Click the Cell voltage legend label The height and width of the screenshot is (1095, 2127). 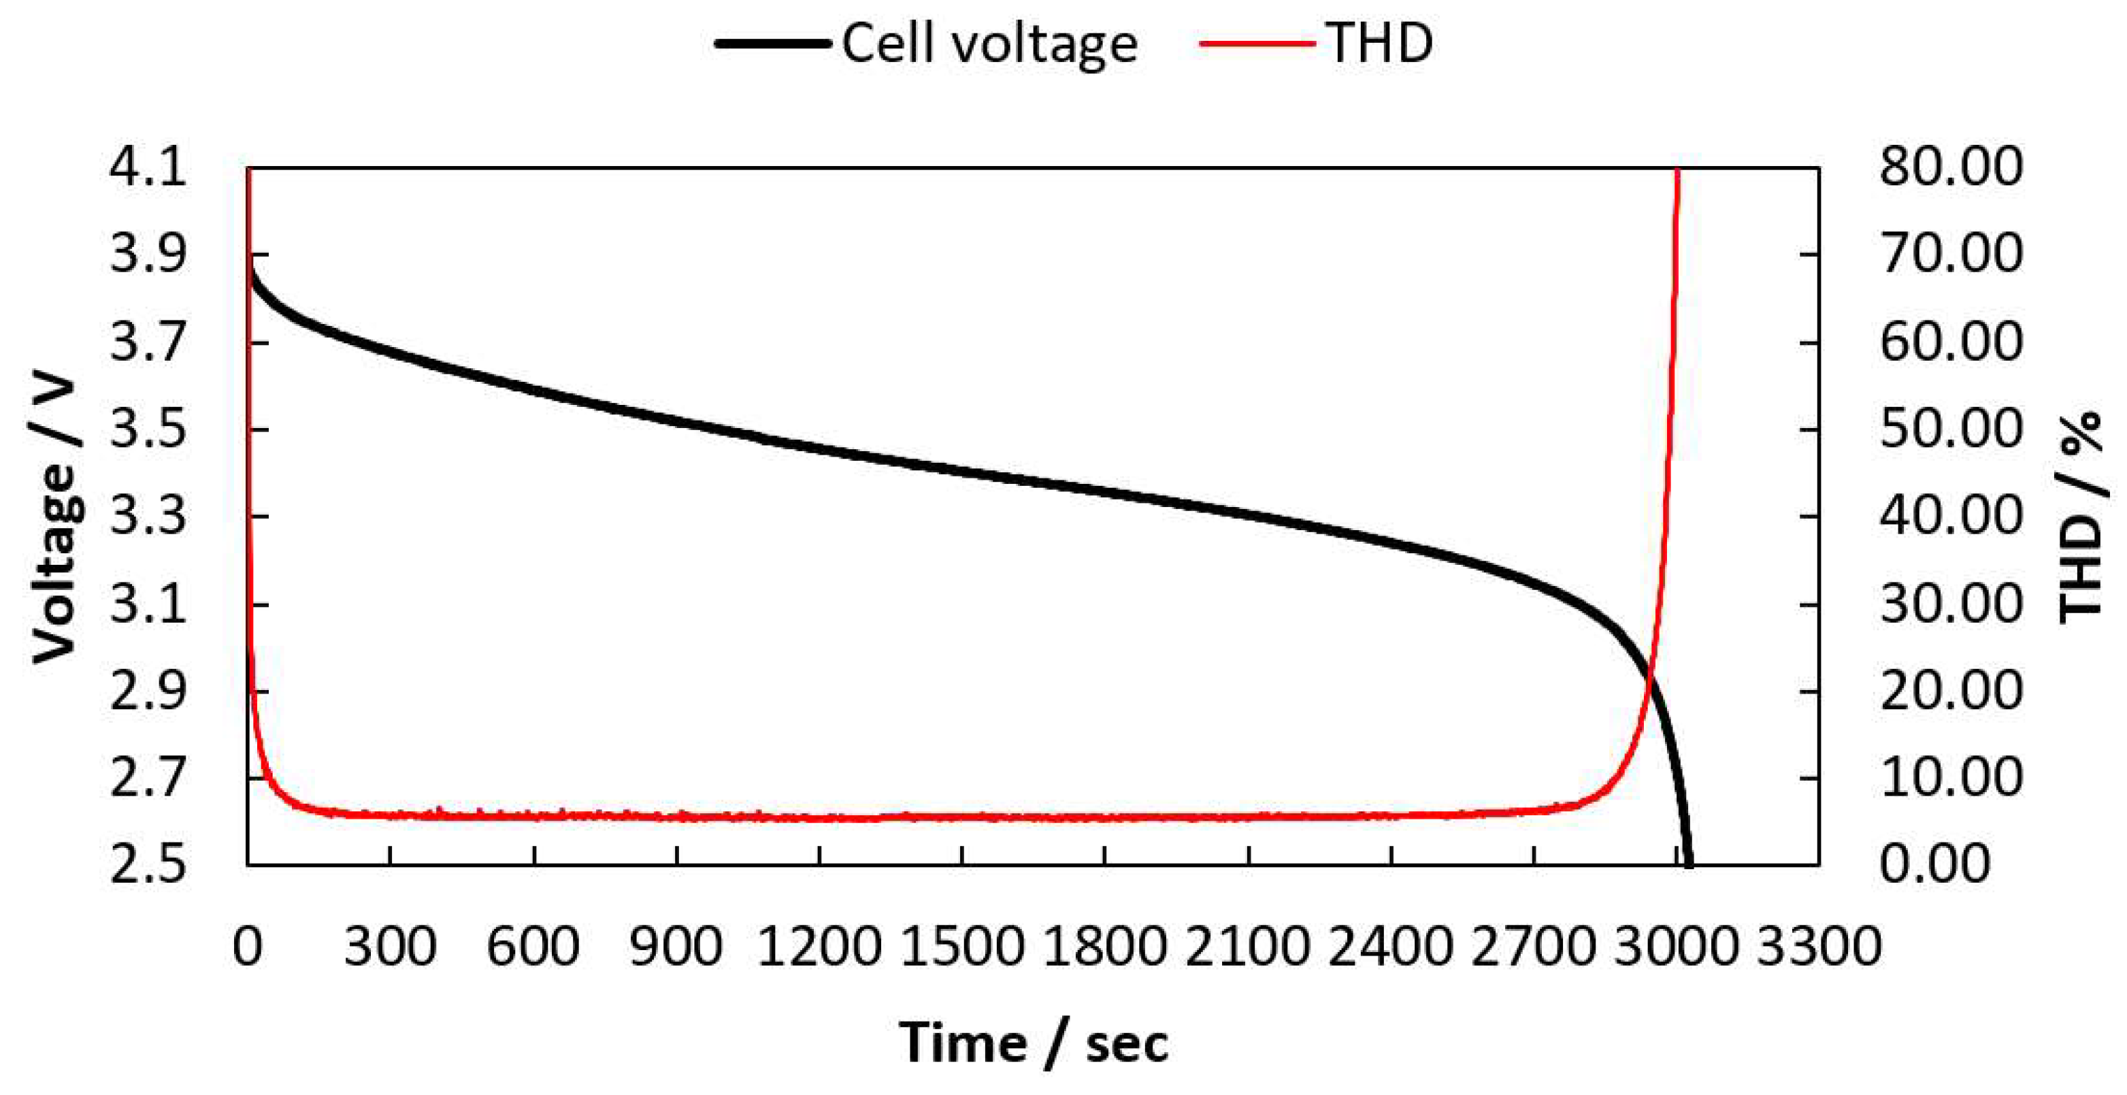pos(989,43)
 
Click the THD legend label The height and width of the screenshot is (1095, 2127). pos(1380,43)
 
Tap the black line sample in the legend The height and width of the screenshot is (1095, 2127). pos(772,43)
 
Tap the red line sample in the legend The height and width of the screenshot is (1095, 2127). pos(1257,43)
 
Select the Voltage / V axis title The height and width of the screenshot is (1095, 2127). pos(54,520)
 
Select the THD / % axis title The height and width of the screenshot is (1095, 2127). pos(2079,518)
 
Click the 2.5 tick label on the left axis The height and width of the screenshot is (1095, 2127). pos(147,866)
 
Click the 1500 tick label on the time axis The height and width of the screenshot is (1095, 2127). pos(962,947)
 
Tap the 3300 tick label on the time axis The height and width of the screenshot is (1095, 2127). pos(1818,947)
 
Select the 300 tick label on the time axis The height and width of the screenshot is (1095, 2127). pos(390,947)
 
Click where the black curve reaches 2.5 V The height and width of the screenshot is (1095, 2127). pos(1689,864)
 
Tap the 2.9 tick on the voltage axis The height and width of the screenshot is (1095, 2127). pos(147,691)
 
